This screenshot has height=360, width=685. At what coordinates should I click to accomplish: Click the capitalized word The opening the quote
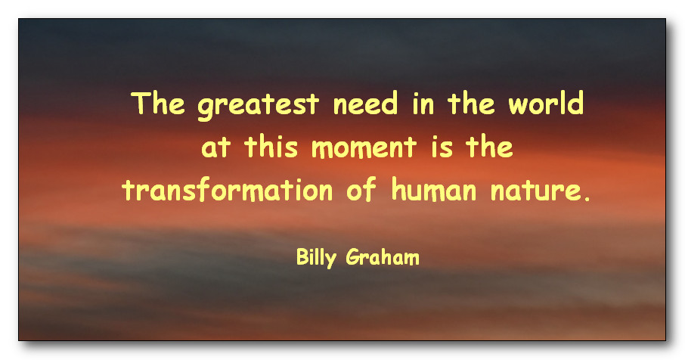[158, 103]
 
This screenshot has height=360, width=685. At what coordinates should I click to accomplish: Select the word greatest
[258, 105]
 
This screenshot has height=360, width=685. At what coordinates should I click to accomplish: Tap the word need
[366, 103]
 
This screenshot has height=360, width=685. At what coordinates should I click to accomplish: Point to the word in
[423, 104]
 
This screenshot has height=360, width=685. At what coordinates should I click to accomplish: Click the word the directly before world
[471, 103]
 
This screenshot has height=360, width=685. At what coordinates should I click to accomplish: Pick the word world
[546, 103]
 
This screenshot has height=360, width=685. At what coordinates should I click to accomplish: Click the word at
[215, 147]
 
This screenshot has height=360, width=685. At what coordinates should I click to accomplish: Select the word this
[271, 146]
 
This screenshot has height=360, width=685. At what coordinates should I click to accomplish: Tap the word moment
[364, 147]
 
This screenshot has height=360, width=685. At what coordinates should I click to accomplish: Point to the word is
[442, 147]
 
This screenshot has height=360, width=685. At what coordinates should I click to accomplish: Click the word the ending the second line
[489, 146]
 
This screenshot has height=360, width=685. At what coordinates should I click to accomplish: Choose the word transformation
[228, 190]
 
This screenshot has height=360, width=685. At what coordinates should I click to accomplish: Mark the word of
[361, 189]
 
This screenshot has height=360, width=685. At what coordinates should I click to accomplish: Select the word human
[434, 189]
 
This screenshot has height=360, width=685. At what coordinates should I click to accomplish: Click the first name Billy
[316, 257]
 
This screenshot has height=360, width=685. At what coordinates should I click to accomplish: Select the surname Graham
[383, 257]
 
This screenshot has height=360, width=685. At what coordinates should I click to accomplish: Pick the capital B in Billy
[302, 257]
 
